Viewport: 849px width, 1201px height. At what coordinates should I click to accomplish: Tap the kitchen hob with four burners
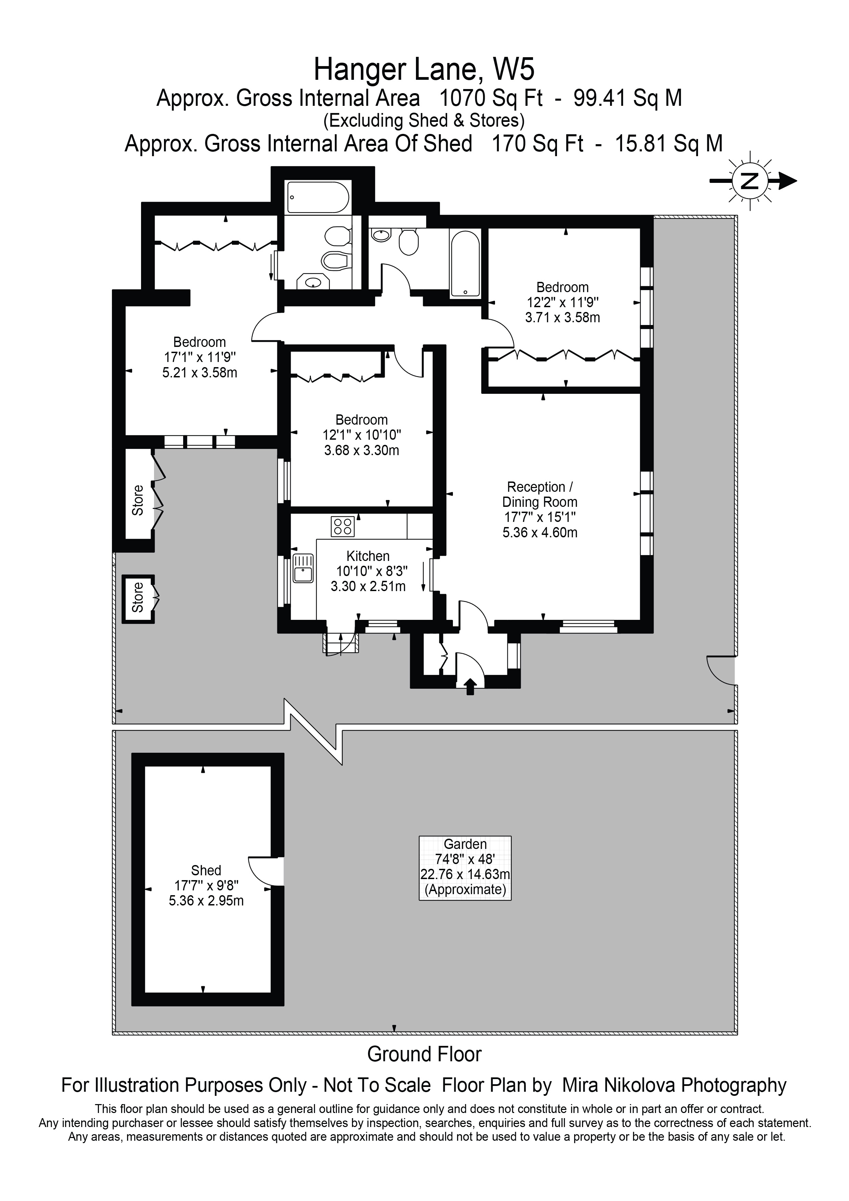point(342,526)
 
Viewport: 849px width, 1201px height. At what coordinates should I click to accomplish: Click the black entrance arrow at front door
point(470,686)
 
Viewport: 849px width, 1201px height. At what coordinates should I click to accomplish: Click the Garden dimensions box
point(465,867)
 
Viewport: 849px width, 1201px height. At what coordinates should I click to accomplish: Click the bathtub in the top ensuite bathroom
point(317,197)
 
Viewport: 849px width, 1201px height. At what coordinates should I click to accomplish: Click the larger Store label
point(138,500)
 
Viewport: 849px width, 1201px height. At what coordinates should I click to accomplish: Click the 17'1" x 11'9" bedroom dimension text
point(200,357)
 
